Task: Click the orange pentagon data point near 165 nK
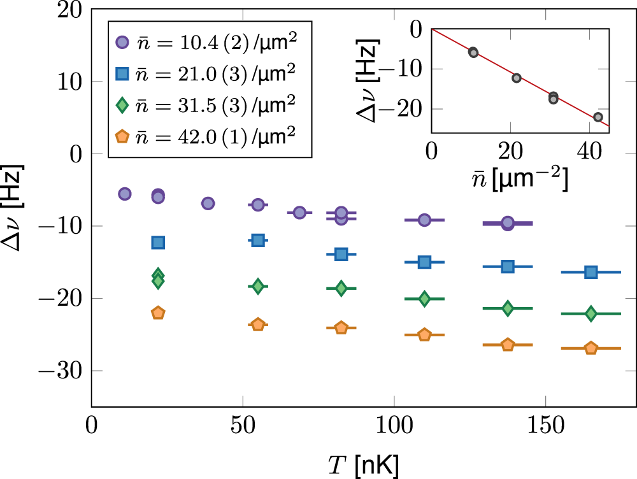(x=590, y=348)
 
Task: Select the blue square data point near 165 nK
(x=590, y=272)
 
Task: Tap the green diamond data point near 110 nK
(x=424, y=298)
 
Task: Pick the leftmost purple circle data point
(x=125, y=194)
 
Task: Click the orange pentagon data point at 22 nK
(x=158, y=313)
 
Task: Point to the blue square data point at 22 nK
(x=158, y=242)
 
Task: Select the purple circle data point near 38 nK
(x=208, y=203)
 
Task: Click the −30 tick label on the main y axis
(x=62, y=371)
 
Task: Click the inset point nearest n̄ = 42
(x=598, y=117)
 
